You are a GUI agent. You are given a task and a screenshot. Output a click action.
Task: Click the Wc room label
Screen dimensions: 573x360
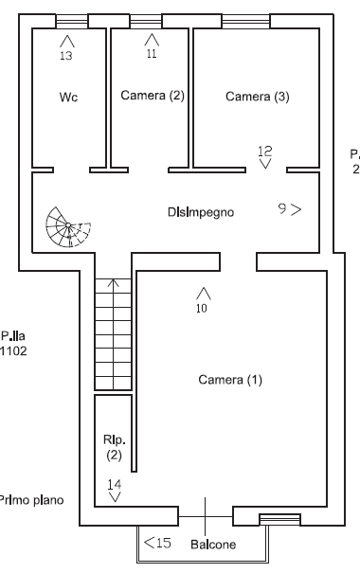tap(67, 98)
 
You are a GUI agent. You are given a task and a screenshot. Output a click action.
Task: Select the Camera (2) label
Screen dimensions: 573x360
tap(152, 96)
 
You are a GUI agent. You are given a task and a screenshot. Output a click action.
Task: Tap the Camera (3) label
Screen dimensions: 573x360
tap(257, 97)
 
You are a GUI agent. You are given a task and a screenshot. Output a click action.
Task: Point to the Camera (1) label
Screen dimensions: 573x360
tap(230, 380)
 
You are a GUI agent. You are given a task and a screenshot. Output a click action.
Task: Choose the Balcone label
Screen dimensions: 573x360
tap(213, 545)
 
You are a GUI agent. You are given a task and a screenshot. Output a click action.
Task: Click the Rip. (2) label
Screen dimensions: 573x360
tap(114, 448)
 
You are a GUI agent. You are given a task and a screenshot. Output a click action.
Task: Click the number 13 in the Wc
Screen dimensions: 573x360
tap(65, 56)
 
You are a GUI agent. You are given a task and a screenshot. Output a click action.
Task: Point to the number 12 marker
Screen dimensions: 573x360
tap(265, 150)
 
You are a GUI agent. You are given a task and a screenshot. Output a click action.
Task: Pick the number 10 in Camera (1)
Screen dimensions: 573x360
tap(201, 307)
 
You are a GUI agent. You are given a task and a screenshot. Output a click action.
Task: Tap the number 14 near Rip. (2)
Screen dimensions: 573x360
tap(115, 484)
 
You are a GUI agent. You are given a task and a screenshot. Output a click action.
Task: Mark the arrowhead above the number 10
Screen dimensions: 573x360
tap(202, 294)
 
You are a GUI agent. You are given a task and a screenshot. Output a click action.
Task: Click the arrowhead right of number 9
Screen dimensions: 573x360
tap(297, 209)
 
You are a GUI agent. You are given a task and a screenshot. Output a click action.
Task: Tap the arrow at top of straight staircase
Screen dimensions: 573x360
tap(114, 283)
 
